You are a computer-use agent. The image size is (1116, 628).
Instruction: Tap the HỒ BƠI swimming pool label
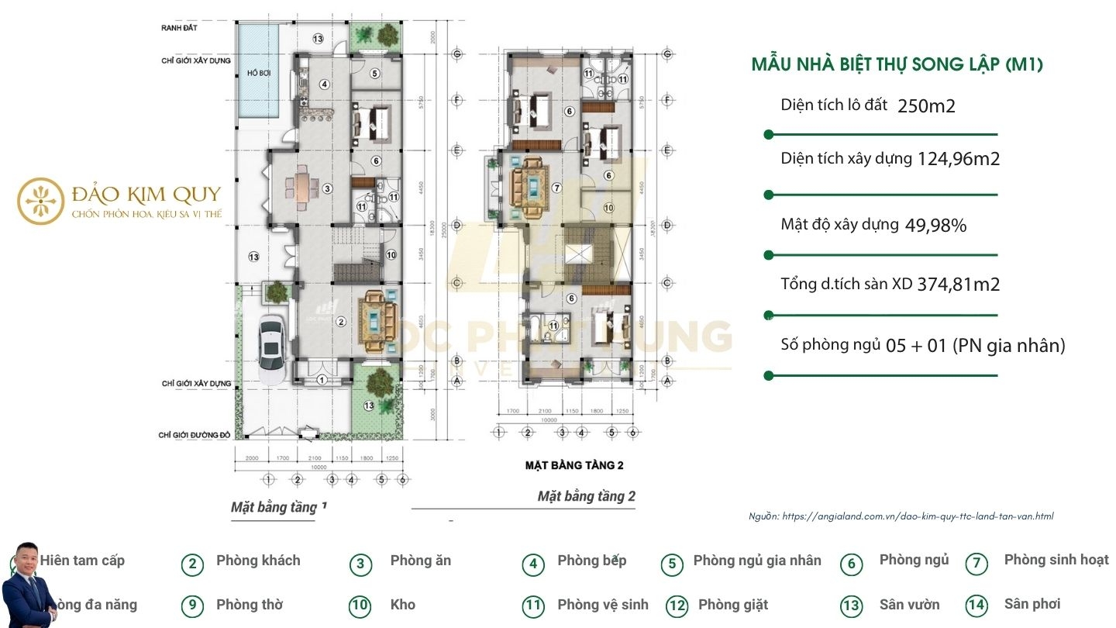(x=257, y=72)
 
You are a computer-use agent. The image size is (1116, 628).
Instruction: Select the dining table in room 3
(x=298, y=187)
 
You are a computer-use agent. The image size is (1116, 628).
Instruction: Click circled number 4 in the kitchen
(x=325, y=85)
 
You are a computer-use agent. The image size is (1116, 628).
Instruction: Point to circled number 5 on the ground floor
(x=374, y=74)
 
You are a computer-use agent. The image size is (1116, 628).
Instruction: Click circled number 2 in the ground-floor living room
(x=339, y=322)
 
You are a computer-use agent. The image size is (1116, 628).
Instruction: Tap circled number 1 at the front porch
(x=322, y=379)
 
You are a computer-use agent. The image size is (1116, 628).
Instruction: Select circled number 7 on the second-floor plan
(x=555, y=187)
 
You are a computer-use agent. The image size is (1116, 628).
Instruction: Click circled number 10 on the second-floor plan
(x=608, y=208)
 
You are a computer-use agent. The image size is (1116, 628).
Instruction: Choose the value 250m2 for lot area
(x=926, y=106)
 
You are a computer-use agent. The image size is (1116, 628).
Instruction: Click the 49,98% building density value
(x=935, y=226)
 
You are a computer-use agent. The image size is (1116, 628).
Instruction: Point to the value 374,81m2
(x=958, y=285)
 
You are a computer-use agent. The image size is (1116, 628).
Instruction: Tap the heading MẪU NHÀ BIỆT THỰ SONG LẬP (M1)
(x=897, y=65)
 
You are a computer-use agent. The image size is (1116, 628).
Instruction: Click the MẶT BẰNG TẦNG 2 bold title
(x=573, y=465)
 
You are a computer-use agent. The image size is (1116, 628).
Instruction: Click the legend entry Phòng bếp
(x=591, y=561)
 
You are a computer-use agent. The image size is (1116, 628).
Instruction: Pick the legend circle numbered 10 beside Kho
(x=360, y=606)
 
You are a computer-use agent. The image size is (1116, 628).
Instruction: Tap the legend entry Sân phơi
(x=1032, y=604)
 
